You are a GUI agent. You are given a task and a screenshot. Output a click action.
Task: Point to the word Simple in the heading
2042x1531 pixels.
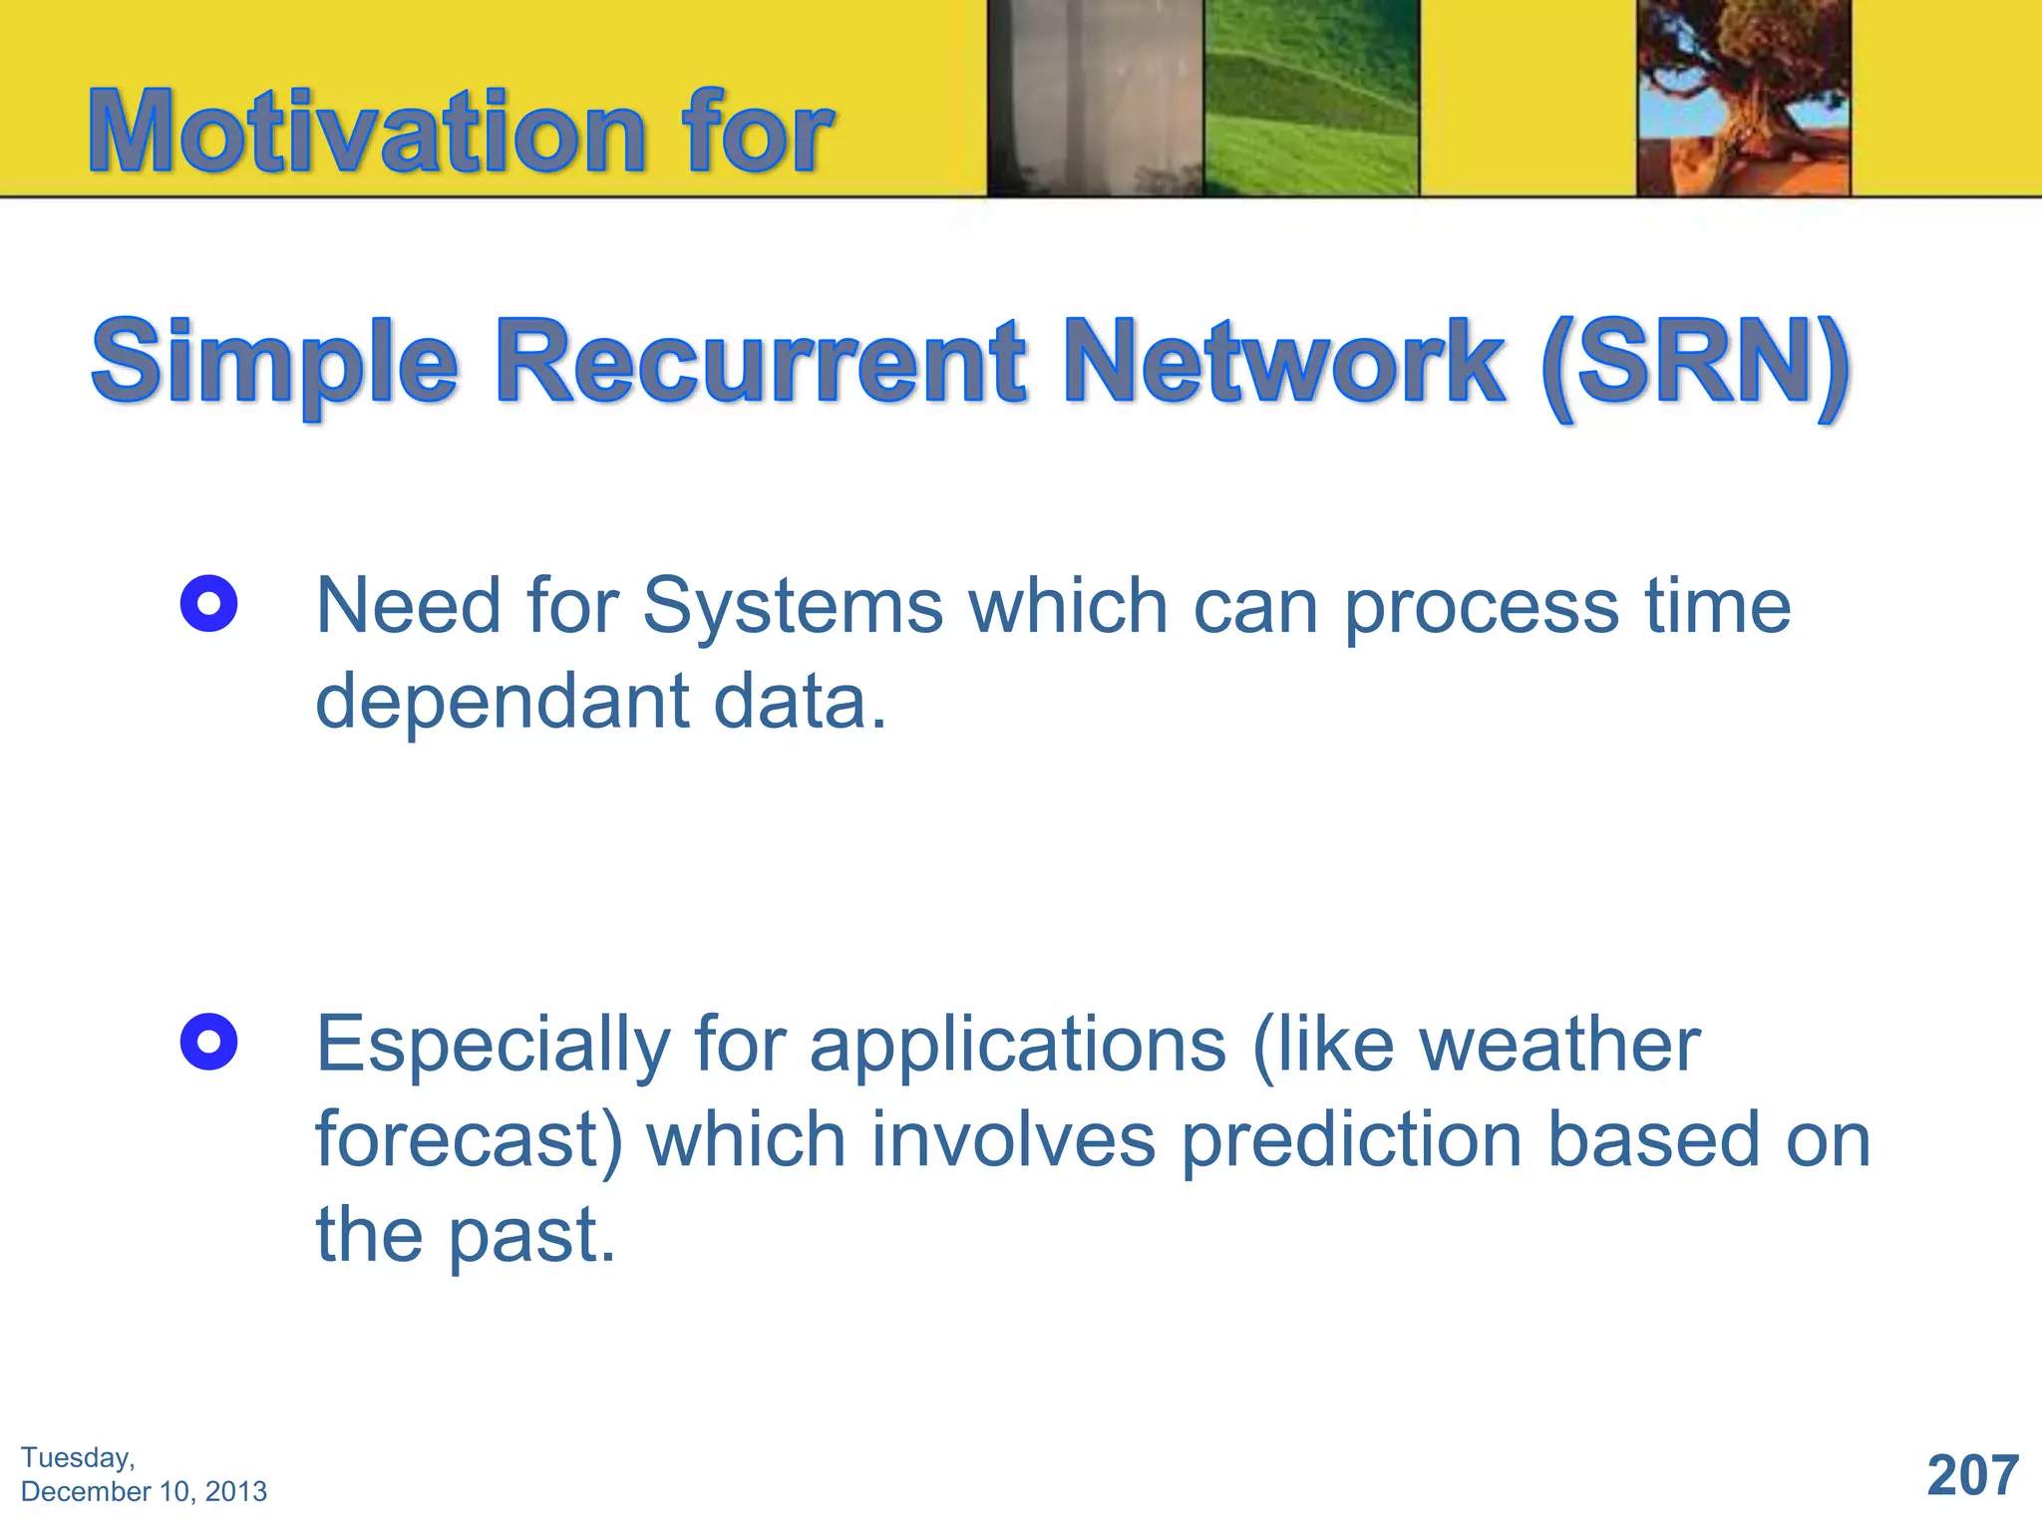[274, 364]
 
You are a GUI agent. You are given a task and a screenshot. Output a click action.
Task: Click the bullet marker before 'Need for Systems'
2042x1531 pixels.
[208, 604]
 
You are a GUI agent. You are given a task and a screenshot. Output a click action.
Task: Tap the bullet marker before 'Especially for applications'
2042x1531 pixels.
[208, 1043]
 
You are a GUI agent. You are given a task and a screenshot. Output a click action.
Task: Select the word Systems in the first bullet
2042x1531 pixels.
[793, 608]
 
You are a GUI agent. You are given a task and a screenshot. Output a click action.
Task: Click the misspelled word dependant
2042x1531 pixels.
[503, 702]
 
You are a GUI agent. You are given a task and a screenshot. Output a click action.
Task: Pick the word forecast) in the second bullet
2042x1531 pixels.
[469, 1140]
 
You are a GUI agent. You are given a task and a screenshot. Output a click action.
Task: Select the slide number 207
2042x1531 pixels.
[1972, 1475]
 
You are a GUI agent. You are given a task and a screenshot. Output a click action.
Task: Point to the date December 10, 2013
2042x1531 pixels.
[144, 1492]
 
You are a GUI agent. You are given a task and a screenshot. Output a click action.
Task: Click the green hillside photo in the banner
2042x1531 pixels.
[1310, 98]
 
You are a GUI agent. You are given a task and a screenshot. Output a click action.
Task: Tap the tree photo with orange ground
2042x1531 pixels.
[1743, 98]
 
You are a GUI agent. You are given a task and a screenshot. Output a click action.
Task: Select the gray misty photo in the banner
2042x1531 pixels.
[1095, 98]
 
